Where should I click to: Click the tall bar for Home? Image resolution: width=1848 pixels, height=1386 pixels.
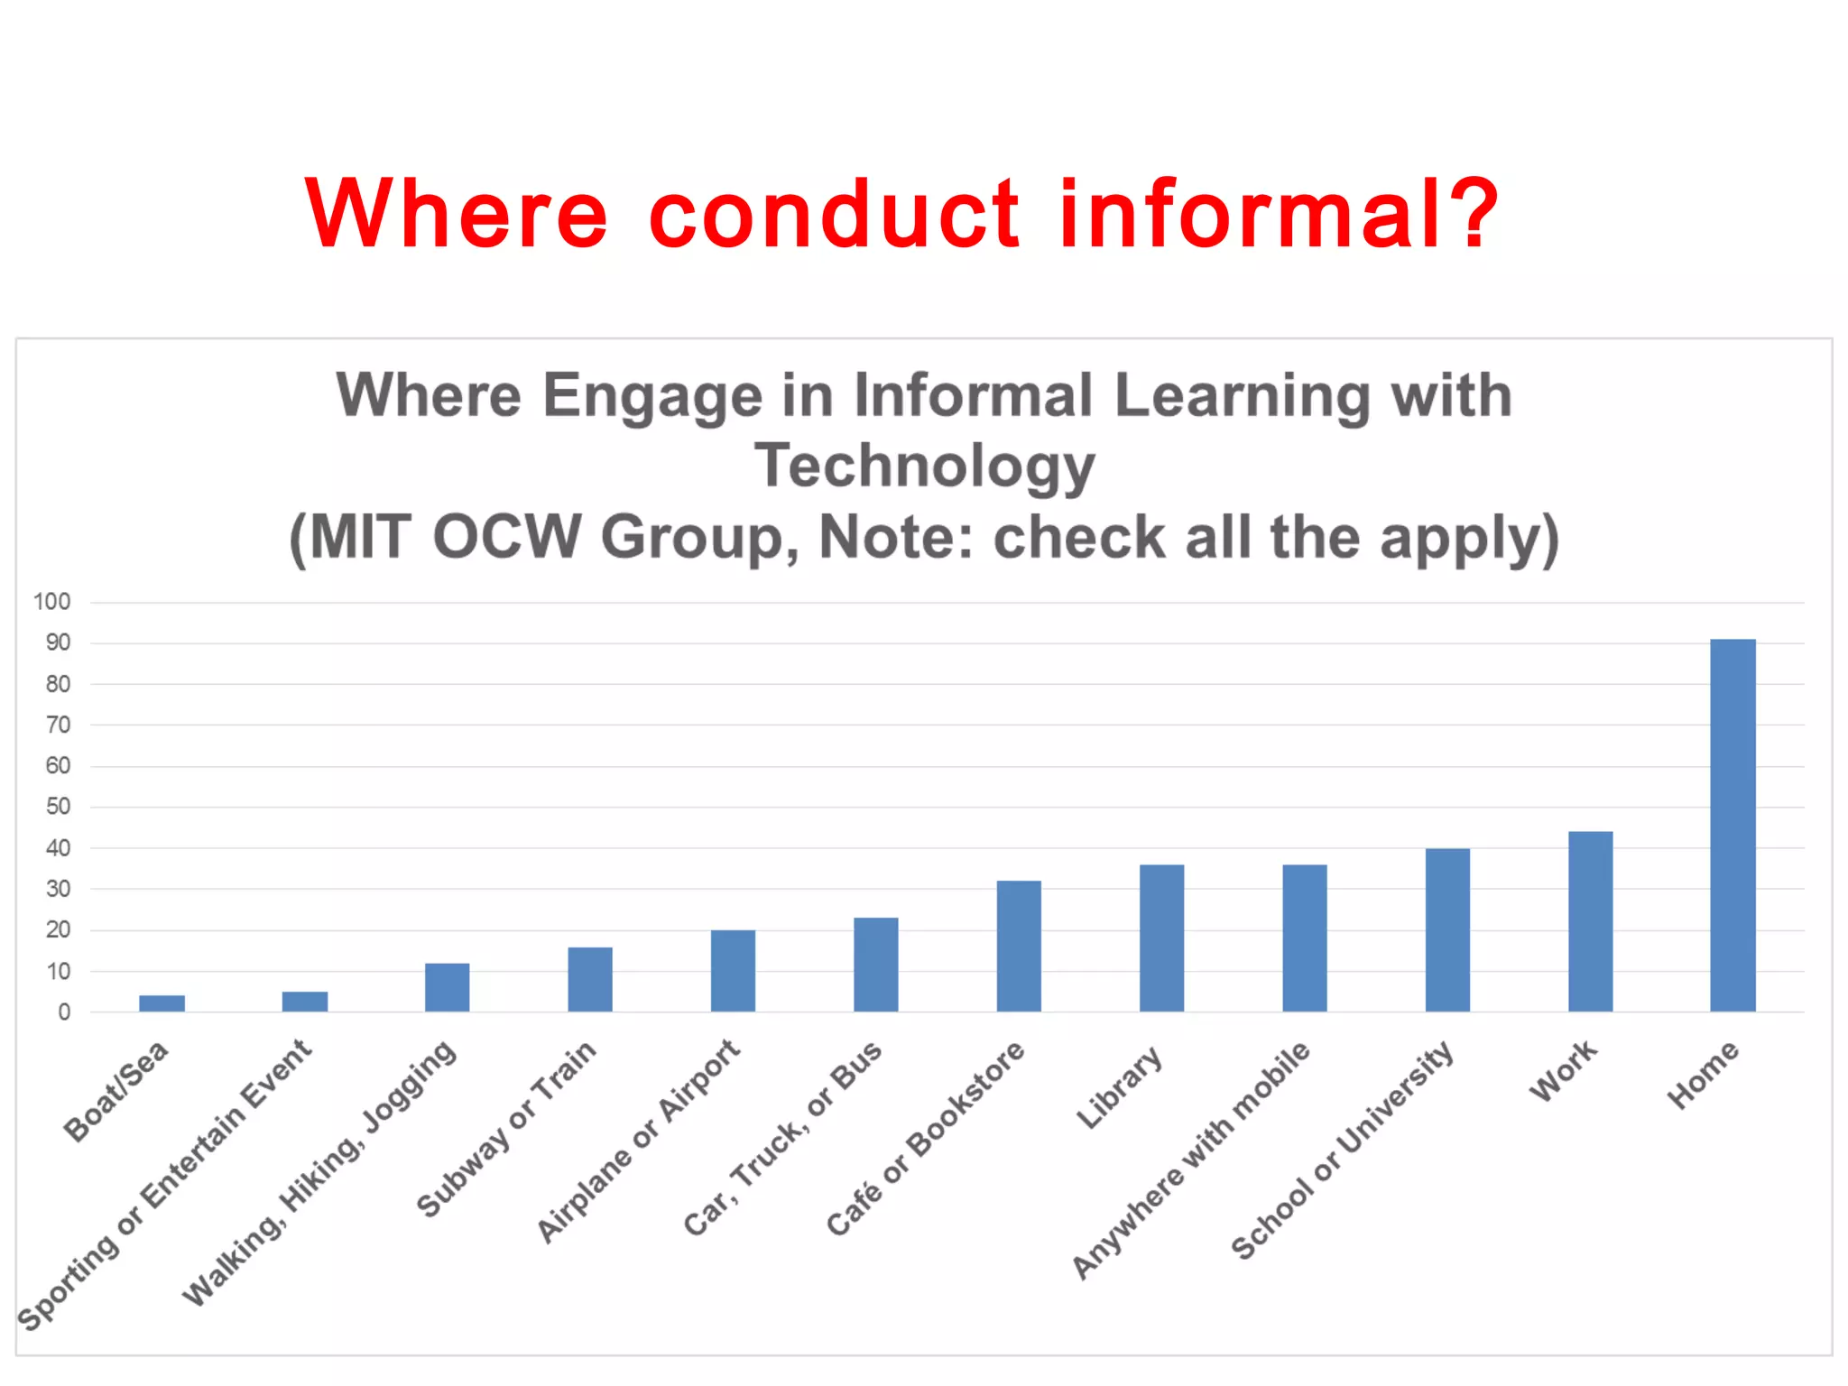click(x=1732, y=826)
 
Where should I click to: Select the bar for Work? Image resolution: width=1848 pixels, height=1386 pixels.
click(x=1590, y=921)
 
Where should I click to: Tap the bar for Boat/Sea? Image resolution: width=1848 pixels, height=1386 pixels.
click(x=162, y=1003)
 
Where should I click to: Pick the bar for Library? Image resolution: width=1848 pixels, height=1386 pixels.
click(x=1161, y=938)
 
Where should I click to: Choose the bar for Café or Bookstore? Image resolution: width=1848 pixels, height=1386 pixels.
click(x=1019, y=946)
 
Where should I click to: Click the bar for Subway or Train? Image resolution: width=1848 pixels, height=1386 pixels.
click(x=590, y=979)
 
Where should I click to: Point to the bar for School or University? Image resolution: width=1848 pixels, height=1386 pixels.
click(x=1447, y=929)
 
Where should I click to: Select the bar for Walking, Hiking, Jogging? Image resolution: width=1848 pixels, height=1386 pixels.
click(x=447, y=987)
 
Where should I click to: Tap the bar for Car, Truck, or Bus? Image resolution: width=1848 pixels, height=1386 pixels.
click(x=875, y=965)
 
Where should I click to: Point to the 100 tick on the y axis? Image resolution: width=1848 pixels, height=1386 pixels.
click(x=51, y=602)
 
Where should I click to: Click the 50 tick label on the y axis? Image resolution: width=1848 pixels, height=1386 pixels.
click(x=58, y=807)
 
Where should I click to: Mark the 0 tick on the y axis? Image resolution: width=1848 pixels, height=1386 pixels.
click(x=64, y=1012)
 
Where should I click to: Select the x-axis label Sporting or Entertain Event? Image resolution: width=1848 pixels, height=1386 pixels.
click(x=164, y=1185)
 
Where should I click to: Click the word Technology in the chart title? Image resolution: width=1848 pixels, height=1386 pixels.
click(x=924, y=466)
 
